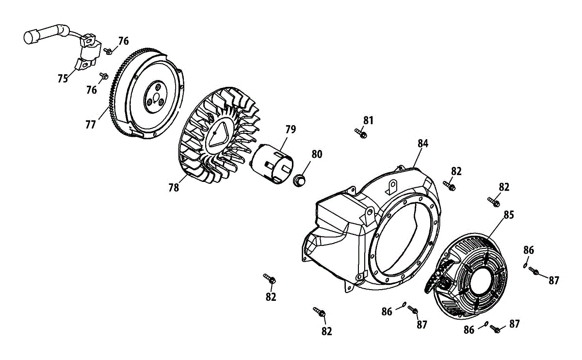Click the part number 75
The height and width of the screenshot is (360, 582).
(x=63, y=79)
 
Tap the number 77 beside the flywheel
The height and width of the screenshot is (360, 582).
(x=91, y=124)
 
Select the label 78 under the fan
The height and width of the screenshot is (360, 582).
(x=174, y=187)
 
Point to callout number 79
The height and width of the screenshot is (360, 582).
(x=290, y=130)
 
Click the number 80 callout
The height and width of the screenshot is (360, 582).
(x=317, y=155)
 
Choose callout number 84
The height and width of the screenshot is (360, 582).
(x=423, y=143)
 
